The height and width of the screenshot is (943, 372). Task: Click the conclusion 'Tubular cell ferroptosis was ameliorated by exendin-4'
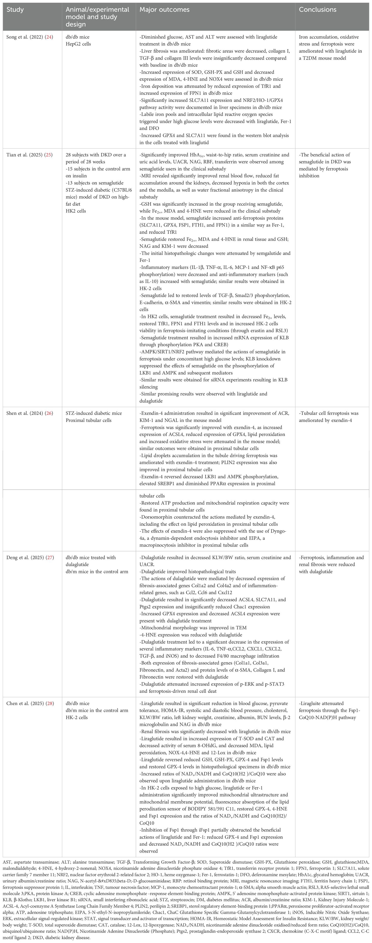coord(328,417)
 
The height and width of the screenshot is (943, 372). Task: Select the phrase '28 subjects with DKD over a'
coord(96,155)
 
